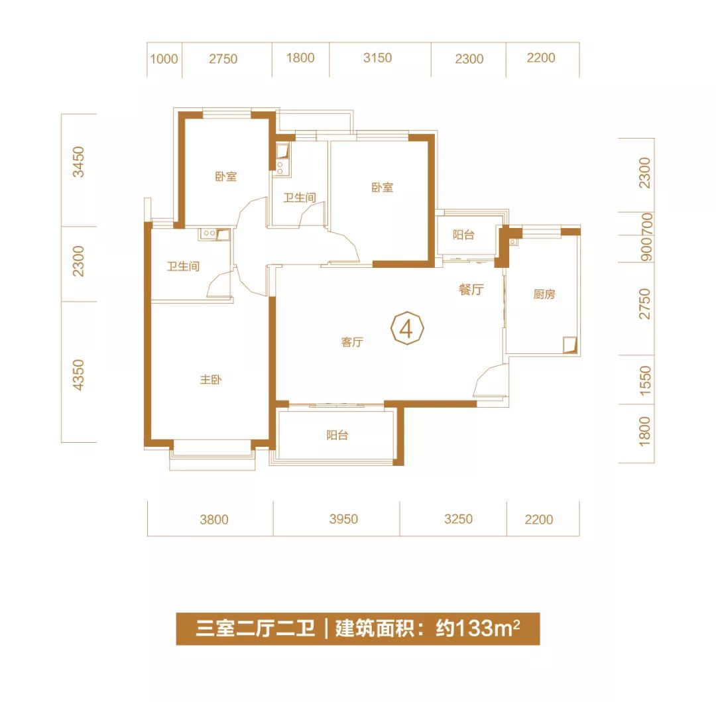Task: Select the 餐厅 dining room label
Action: (x=471, y=290)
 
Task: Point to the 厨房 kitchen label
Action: (x=544, y=294)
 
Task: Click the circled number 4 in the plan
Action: (x=407, y=327)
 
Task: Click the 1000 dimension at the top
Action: (x=164, y=59)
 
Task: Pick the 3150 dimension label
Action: (x=378, y=58)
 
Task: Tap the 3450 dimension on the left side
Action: (x=79, y=162)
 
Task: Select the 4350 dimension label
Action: (x=79, y=375)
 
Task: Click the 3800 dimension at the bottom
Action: (x=214, y=520)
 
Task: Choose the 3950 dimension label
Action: (x=343, y=519)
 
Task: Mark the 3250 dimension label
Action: (x=459, y=519)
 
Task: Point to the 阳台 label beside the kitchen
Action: (x=463, y=235)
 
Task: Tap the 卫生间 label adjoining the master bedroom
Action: (x=183, y=266)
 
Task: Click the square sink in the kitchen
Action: (x=568, y=343)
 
